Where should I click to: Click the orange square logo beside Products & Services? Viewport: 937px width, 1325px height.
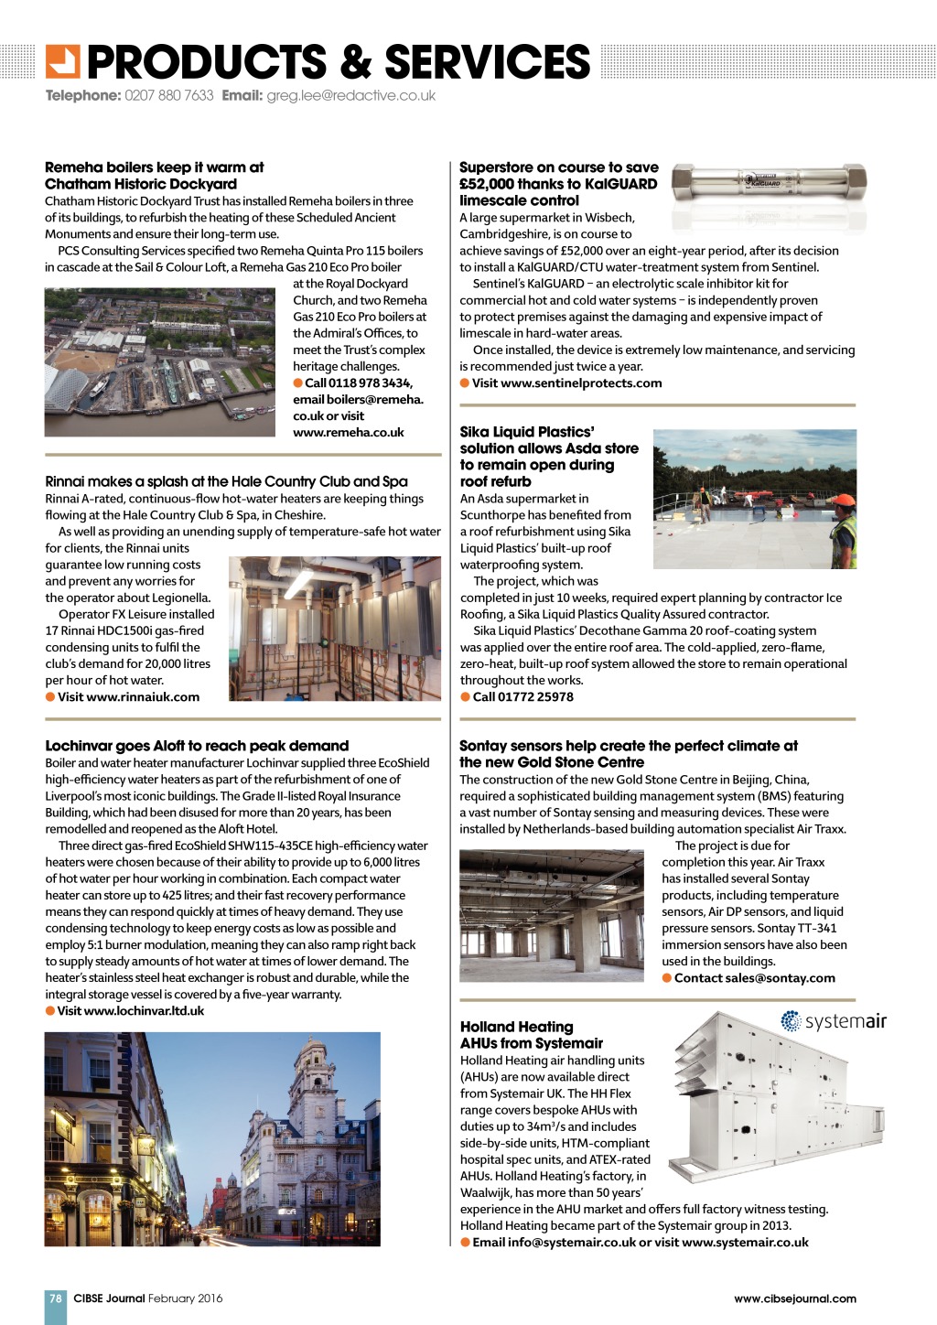(x=63, y=61)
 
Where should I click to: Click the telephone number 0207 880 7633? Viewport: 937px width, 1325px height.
(x=168, y=95)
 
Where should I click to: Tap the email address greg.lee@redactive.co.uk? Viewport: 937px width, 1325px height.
(x=350, y=95)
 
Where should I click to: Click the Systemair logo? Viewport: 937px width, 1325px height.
(x=834, y=1021)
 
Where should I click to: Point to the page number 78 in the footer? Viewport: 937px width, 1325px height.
(x=56, y=1298)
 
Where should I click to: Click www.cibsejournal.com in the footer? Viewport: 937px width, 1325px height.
(x=794, y=1298)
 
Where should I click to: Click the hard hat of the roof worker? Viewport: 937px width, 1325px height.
(x=845, y=501)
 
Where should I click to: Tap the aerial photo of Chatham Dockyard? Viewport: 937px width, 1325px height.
(x=160, y=361)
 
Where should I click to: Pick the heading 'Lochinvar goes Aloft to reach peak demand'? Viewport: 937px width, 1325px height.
(x=197, y=746)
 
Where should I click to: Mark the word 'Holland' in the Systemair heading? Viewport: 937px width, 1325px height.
(x=489, y=1027)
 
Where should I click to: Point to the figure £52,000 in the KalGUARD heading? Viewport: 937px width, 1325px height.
(x=487, y=184)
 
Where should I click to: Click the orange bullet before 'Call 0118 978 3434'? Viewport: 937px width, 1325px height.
(x=298, y=382)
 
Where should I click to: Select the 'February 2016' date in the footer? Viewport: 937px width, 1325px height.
(x=186, y=1298)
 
